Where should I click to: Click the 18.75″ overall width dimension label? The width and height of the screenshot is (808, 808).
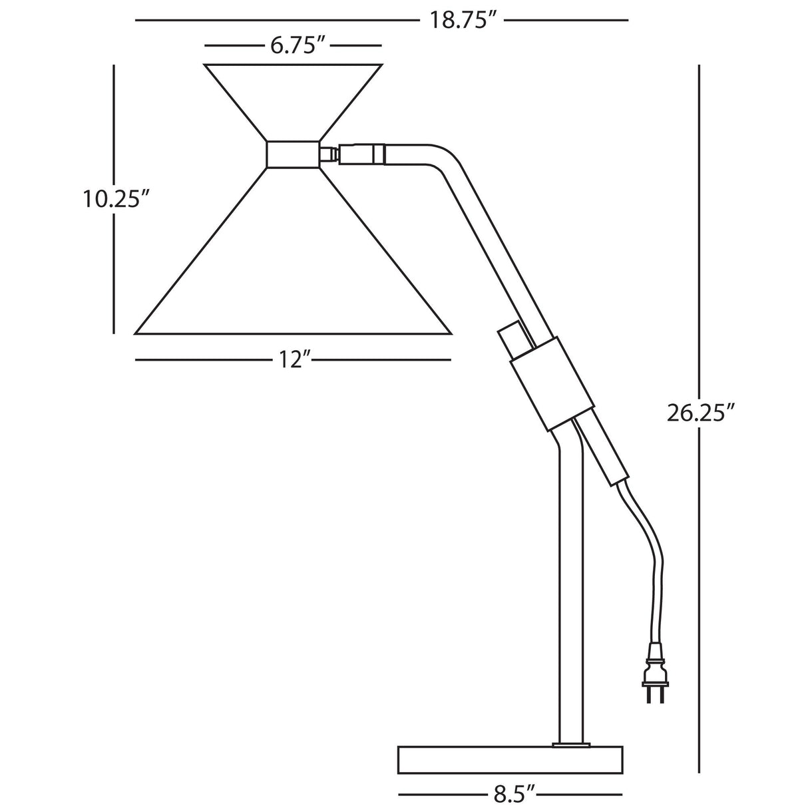(x=461, y=20)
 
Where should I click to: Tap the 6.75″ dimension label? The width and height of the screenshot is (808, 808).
(x=298, y=45)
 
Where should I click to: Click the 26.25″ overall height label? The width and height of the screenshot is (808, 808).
(x=696, y=413)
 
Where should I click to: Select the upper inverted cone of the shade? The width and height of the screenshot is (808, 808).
(x=293, y=102)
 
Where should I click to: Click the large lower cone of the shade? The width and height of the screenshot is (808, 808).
(x=293, y=251)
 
